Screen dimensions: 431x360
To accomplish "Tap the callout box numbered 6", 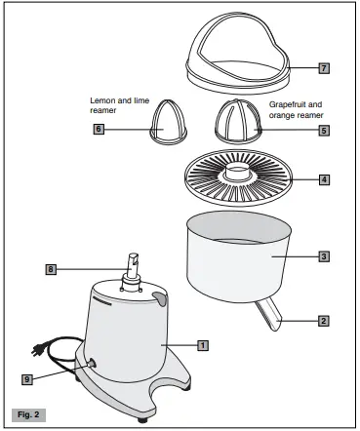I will point(99,129).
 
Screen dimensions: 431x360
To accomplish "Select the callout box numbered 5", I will point(324,129).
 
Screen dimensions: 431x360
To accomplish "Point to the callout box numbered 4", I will point(325,179).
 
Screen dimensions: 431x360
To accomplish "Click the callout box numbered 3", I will point(325,256).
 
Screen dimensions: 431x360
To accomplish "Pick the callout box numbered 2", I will point(325,319).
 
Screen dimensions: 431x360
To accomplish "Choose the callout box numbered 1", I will point(202,344).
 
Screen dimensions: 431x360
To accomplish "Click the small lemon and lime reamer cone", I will point(162,123).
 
